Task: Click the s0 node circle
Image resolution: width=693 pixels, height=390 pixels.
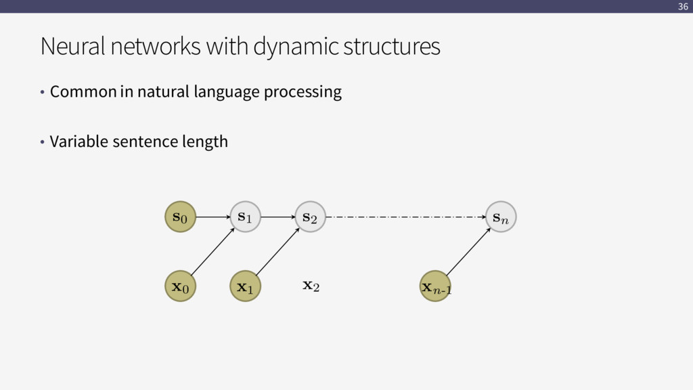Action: (x=180, y=217)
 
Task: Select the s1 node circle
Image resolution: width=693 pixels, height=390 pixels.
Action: (x=245, y=217)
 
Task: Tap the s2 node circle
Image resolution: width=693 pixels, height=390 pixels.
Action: (x=310, y=217)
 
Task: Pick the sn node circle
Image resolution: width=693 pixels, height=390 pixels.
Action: (x=501, y=217)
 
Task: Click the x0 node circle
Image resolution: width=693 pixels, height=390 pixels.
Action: (x=180, y=286)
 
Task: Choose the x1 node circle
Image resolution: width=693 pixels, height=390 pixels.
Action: (x=245, y=286)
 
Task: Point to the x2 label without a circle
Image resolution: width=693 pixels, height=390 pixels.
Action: (x=311, y=286)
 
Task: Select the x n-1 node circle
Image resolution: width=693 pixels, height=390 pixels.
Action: (x=436, y=286)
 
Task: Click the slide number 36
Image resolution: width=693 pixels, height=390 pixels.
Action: (x=682, y=7)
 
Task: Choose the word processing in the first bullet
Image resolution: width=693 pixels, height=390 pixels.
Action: (x=303, y=91)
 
